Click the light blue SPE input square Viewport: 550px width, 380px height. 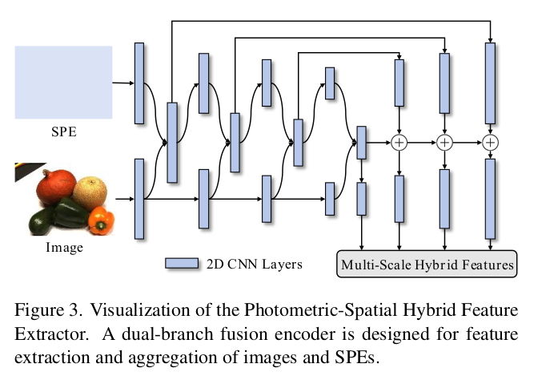(x=64, y=82)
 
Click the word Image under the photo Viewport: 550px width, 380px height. (x=64, y=248)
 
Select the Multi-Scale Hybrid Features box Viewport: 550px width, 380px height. (x=427, y=264)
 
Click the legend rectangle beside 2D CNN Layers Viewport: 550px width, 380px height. (x=182, y=264)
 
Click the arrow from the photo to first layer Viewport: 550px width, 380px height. (x=123, y=198)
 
